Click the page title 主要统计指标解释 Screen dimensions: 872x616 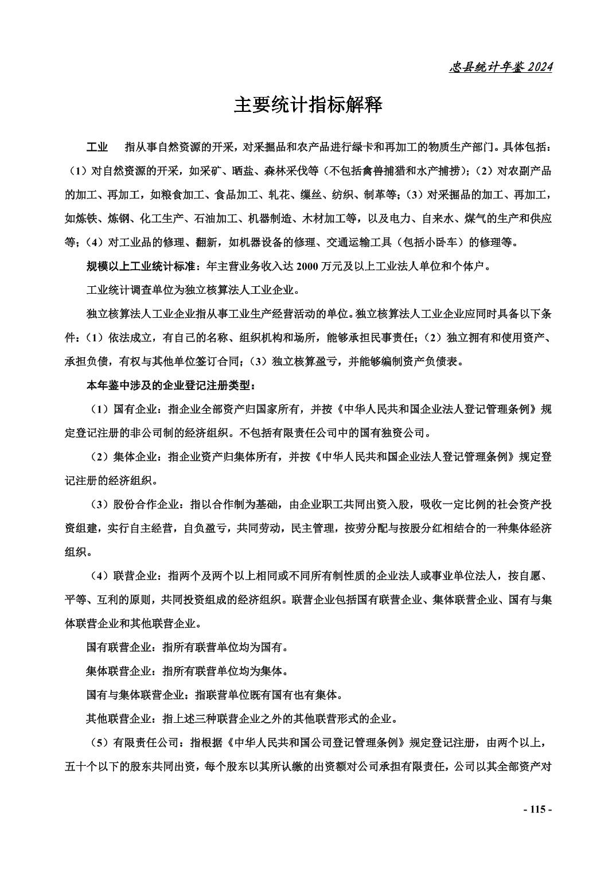pos(307,105)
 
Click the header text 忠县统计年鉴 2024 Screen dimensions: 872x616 pos(500,67)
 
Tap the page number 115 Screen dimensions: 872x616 pos(537,809)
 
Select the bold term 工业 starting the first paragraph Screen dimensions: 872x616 pos(97,147)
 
